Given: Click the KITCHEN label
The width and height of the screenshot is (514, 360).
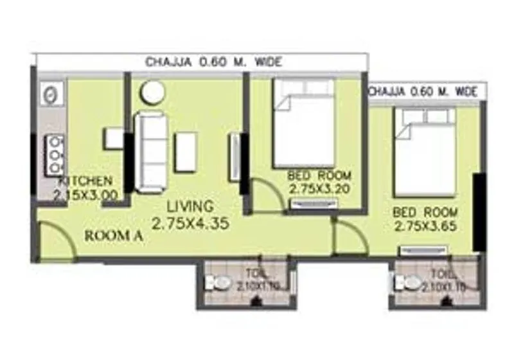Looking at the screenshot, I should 87,181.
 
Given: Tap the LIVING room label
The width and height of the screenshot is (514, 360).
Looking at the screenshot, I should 190,207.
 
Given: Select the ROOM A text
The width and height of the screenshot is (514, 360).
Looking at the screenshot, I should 114,236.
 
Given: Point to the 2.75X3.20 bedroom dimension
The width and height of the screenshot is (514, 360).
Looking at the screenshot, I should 319,189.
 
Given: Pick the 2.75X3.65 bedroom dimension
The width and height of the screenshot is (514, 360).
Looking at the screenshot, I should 426,226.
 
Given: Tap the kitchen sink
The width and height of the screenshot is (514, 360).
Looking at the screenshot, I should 50,94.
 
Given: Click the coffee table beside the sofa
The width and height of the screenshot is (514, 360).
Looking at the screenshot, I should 186,152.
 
